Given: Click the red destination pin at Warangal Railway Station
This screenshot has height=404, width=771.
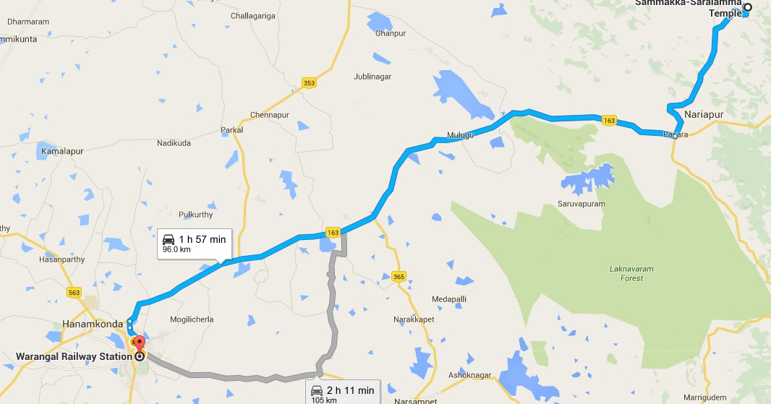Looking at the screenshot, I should pos(137,344).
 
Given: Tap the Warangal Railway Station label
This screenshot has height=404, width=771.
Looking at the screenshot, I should pos(73,356).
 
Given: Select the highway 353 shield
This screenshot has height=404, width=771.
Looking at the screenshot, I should pos(309,83).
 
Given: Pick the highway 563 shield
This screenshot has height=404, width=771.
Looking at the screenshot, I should pos(74,292).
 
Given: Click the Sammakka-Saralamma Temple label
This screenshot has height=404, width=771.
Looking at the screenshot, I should pos(689,8).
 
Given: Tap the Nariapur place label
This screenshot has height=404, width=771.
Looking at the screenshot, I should pos(704,115).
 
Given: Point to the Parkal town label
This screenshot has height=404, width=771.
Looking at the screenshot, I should pos(231,130).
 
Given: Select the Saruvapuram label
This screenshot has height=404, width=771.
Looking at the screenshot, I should pos(580,204).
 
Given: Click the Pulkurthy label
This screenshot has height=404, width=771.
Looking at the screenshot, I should pos(195,215).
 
